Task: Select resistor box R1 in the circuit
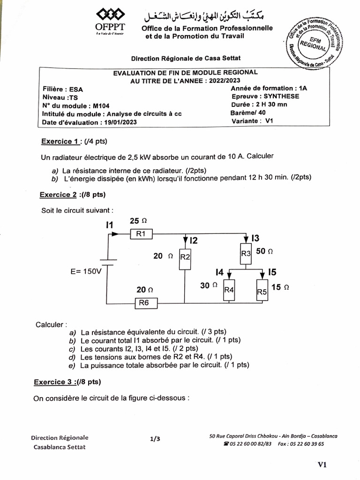pos(142,234)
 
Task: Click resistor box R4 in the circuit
pos(229,290)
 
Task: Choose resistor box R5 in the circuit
pos(262,291)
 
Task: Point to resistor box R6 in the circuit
pos(144,303)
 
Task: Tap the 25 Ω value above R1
pos(138,220)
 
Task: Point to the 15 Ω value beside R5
pos(280,287)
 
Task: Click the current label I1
pos(110,225)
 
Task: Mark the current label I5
pos(273,271)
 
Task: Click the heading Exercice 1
pos(60,142)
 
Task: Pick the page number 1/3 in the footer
pos(155,439)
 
